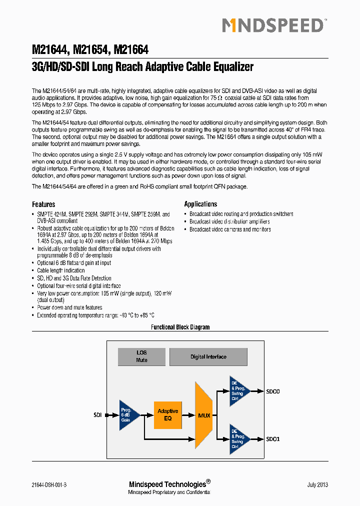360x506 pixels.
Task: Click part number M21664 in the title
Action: [x=131, y=50]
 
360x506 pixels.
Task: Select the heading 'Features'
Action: [x=43, y=204]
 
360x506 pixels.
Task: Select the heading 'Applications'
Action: [x=200, y=204]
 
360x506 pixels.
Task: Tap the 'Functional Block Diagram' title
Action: [x=180, y=327]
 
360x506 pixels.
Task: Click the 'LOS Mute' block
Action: [x=141, y=356]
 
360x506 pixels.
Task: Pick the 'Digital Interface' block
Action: [x=208, y=357]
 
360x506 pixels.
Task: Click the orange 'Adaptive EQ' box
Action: [x=167, y=414]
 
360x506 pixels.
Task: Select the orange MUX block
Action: [x=204, y=415]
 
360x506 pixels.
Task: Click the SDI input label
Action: [x=97, y=415]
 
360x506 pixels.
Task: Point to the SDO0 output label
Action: [x=273, y=391]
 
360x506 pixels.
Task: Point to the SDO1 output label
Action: [x=273, y=439]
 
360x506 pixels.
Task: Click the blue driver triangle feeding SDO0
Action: [x=238, y=390]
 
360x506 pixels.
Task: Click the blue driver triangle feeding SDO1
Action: [x=238, y=438]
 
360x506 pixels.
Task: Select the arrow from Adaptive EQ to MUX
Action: [x=188, y=415]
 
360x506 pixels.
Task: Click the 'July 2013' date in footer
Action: [x=317, y=485]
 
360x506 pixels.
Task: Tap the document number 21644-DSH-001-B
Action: [x=49, y=485]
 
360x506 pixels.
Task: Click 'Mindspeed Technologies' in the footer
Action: [x=167, y=484]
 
